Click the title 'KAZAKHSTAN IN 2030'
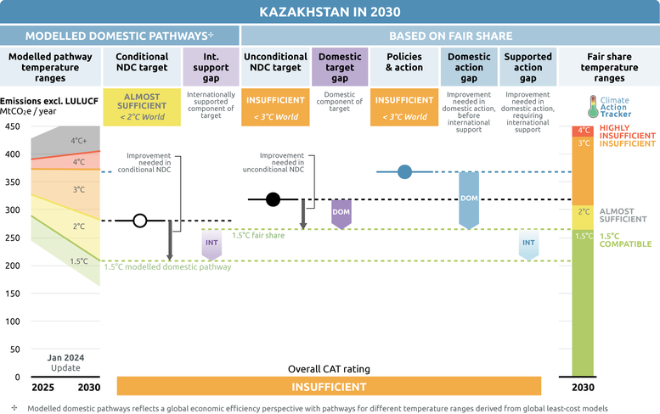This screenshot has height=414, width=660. click(330, 12)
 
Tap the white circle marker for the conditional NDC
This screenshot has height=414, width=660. click(141, 221)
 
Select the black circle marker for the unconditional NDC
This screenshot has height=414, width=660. click(273, 199)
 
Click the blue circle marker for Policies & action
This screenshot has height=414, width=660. click(404, 172)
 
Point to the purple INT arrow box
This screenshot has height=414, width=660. click(212, 243)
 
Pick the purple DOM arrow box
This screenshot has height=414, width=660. click(341, 212)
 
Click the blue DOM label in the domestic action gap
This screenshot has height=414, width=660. click(468, 199)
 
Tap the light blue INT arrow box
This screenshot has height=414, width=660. click(528, 243)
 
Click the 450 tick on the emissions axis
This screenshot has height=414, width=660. click(12, 126)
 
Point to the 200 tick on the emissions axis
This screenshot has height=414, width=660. click(12, 266)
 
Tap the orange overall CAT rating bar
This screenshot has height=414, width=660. click(329, 386)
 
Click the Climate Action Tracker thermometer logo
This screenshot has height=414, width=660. click(593, 105)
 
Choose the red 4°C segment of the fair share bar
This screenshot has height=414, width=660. click(583, 131)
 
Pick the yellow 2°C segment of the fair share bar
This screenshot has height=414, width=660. click(583, 211)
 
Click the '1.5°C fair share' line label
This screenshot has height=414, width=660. click(259, 235)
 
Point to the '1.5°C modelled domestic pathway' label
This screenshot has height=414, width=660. click(167, 267)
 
